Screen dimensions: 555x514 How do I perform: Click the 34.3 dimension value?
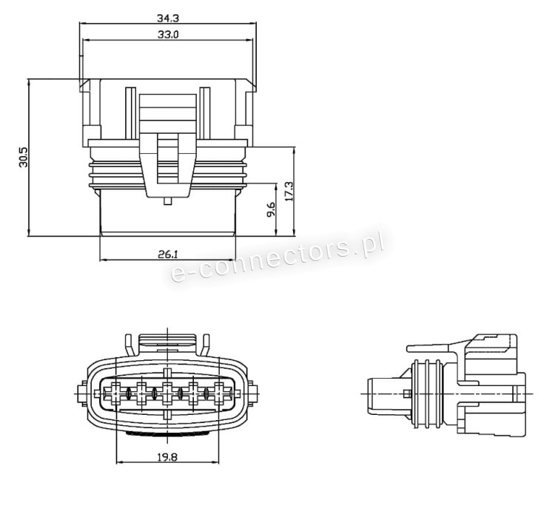click(x=167, y=18)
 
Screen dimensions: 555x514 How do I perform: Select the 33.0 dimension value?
click(x=167, y=34)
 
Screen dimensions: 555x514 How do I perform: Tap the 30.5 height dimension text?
click(x=24, y=157)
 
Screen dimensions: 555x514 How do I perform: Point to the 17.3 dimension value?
click(x=289, y=192)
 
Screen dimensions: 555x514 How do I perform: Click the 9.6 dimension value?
click(x=271, y=209)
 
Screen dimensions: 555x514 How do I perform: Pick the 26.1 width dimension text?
click(x=168, y=254)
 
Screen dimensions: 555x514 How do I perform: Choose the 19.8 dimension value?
click(x=167, y=457)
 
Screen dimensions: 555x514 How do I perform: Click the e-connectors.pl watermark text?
click(x=277, y=254)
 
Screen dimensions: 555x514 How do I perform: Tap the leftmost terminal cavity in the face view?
click(x=115, y=393)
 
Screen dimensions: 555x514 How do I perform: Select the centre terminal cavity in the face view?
click(x=167, y=393)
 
